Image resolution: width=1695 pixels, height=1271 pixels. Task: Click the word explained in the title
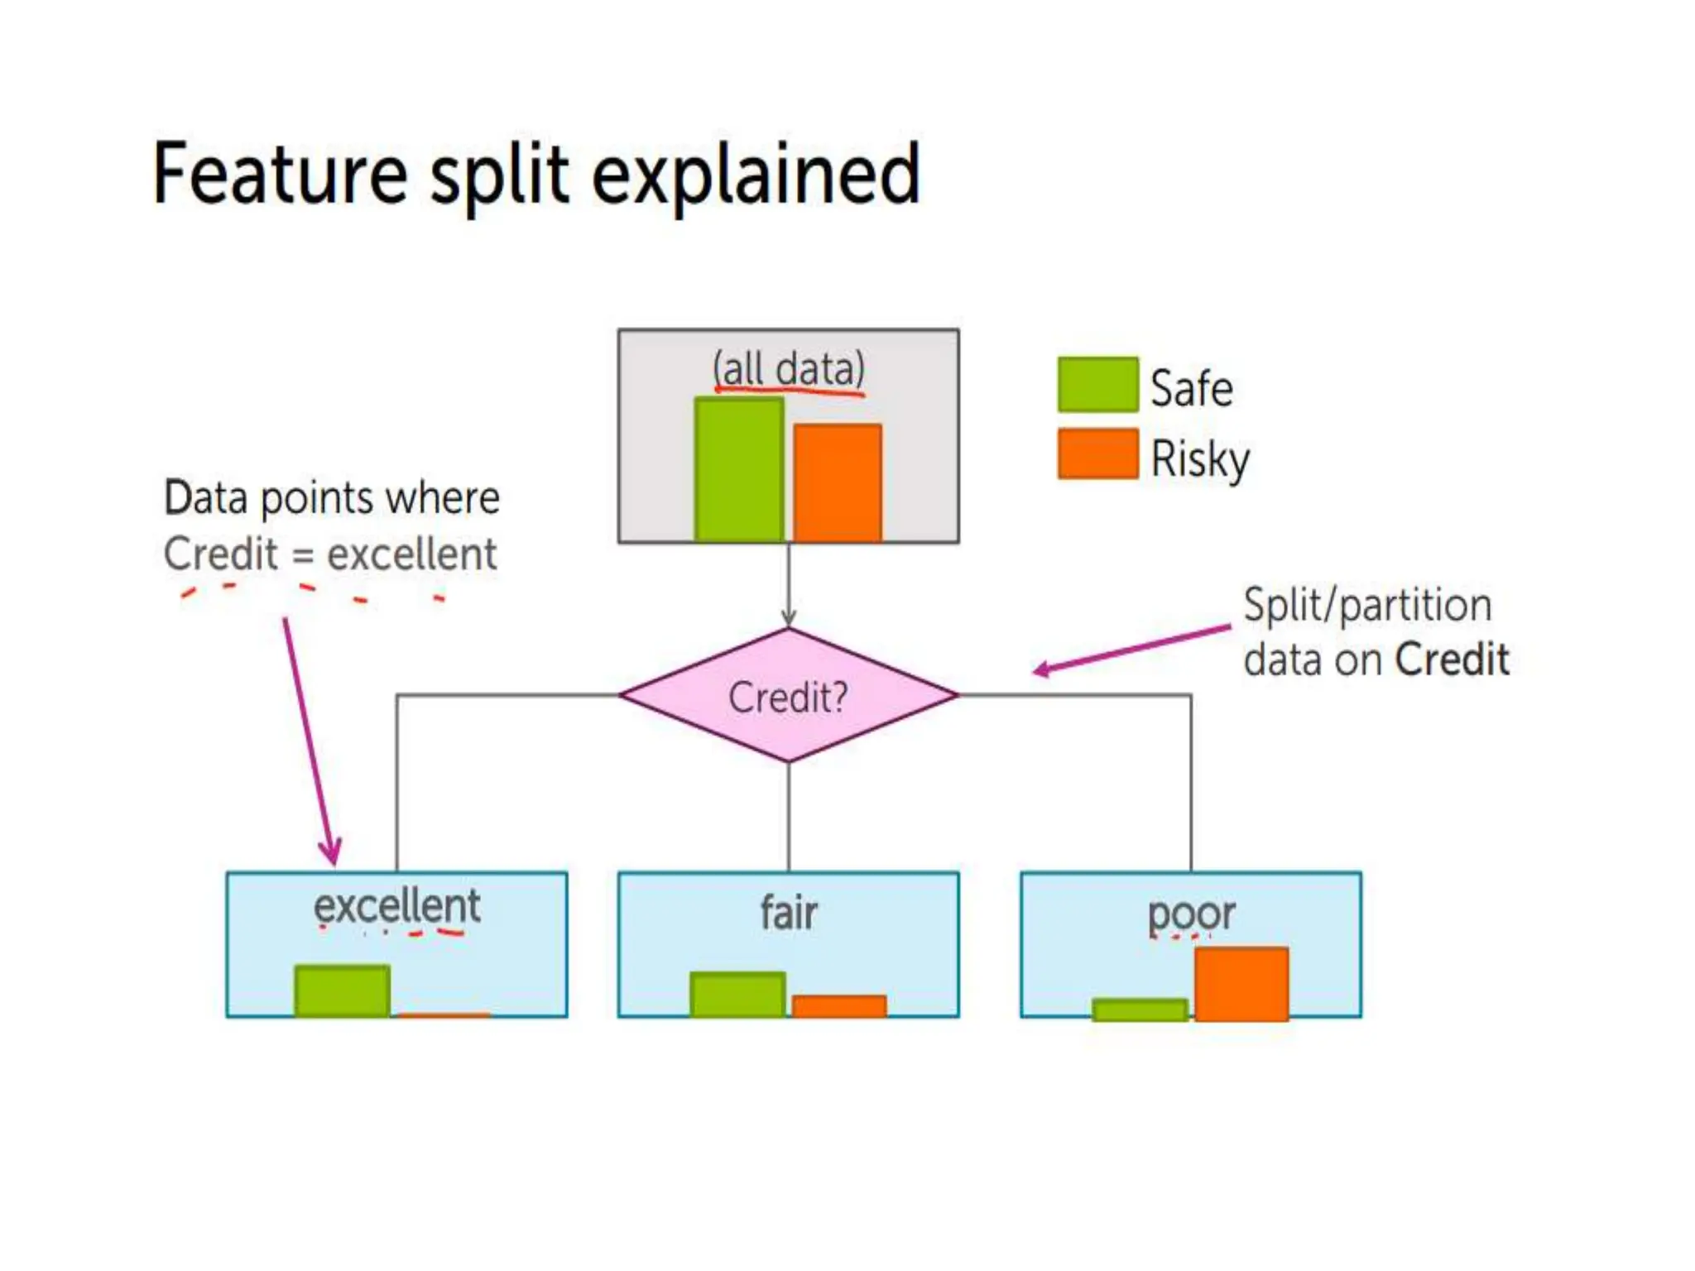(x=755, y=175)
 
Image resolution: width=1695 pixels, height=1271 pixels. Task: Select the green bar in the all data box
(x=738, y=470)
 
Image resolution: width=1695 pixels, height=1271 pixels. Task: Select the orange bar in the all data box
(x=838, y=483)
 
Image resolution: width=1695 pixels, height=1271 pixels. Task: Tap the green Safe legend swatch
(x=1097, y=385)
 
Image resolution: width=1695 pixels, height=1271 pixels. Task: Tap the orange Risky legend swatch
(x=1097, y=453)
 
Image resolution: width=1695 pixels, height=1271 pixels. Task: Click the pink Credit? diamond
(x=788, y=695)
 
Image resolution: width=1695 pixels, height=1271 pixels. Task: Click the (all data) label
(x=788, y=369)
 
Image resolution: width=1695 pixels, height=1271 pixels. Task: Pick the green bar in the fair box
(x=737, y=994)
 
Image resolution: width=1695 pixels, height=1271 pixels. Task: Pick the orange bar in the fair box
(x=838, y=1005)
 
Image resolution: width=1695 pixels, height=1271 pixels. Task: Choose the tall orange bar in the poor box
(x=1241, y=983)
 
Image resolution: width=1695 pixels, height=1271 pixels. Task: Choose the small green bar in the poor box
(x=1140, y=1009)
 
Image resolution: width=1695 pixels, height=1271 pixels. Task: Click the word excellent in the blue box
(x=396, y=906)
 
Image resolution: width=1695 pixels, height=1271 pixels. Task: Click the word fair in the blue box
(x=788, y=913)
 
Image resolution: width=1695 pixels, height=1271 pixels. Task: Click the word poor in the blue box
(x=1190, y=914)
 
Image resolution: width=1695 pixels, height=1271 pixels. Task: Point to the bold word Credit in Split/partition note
(x=1451, y=660)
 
